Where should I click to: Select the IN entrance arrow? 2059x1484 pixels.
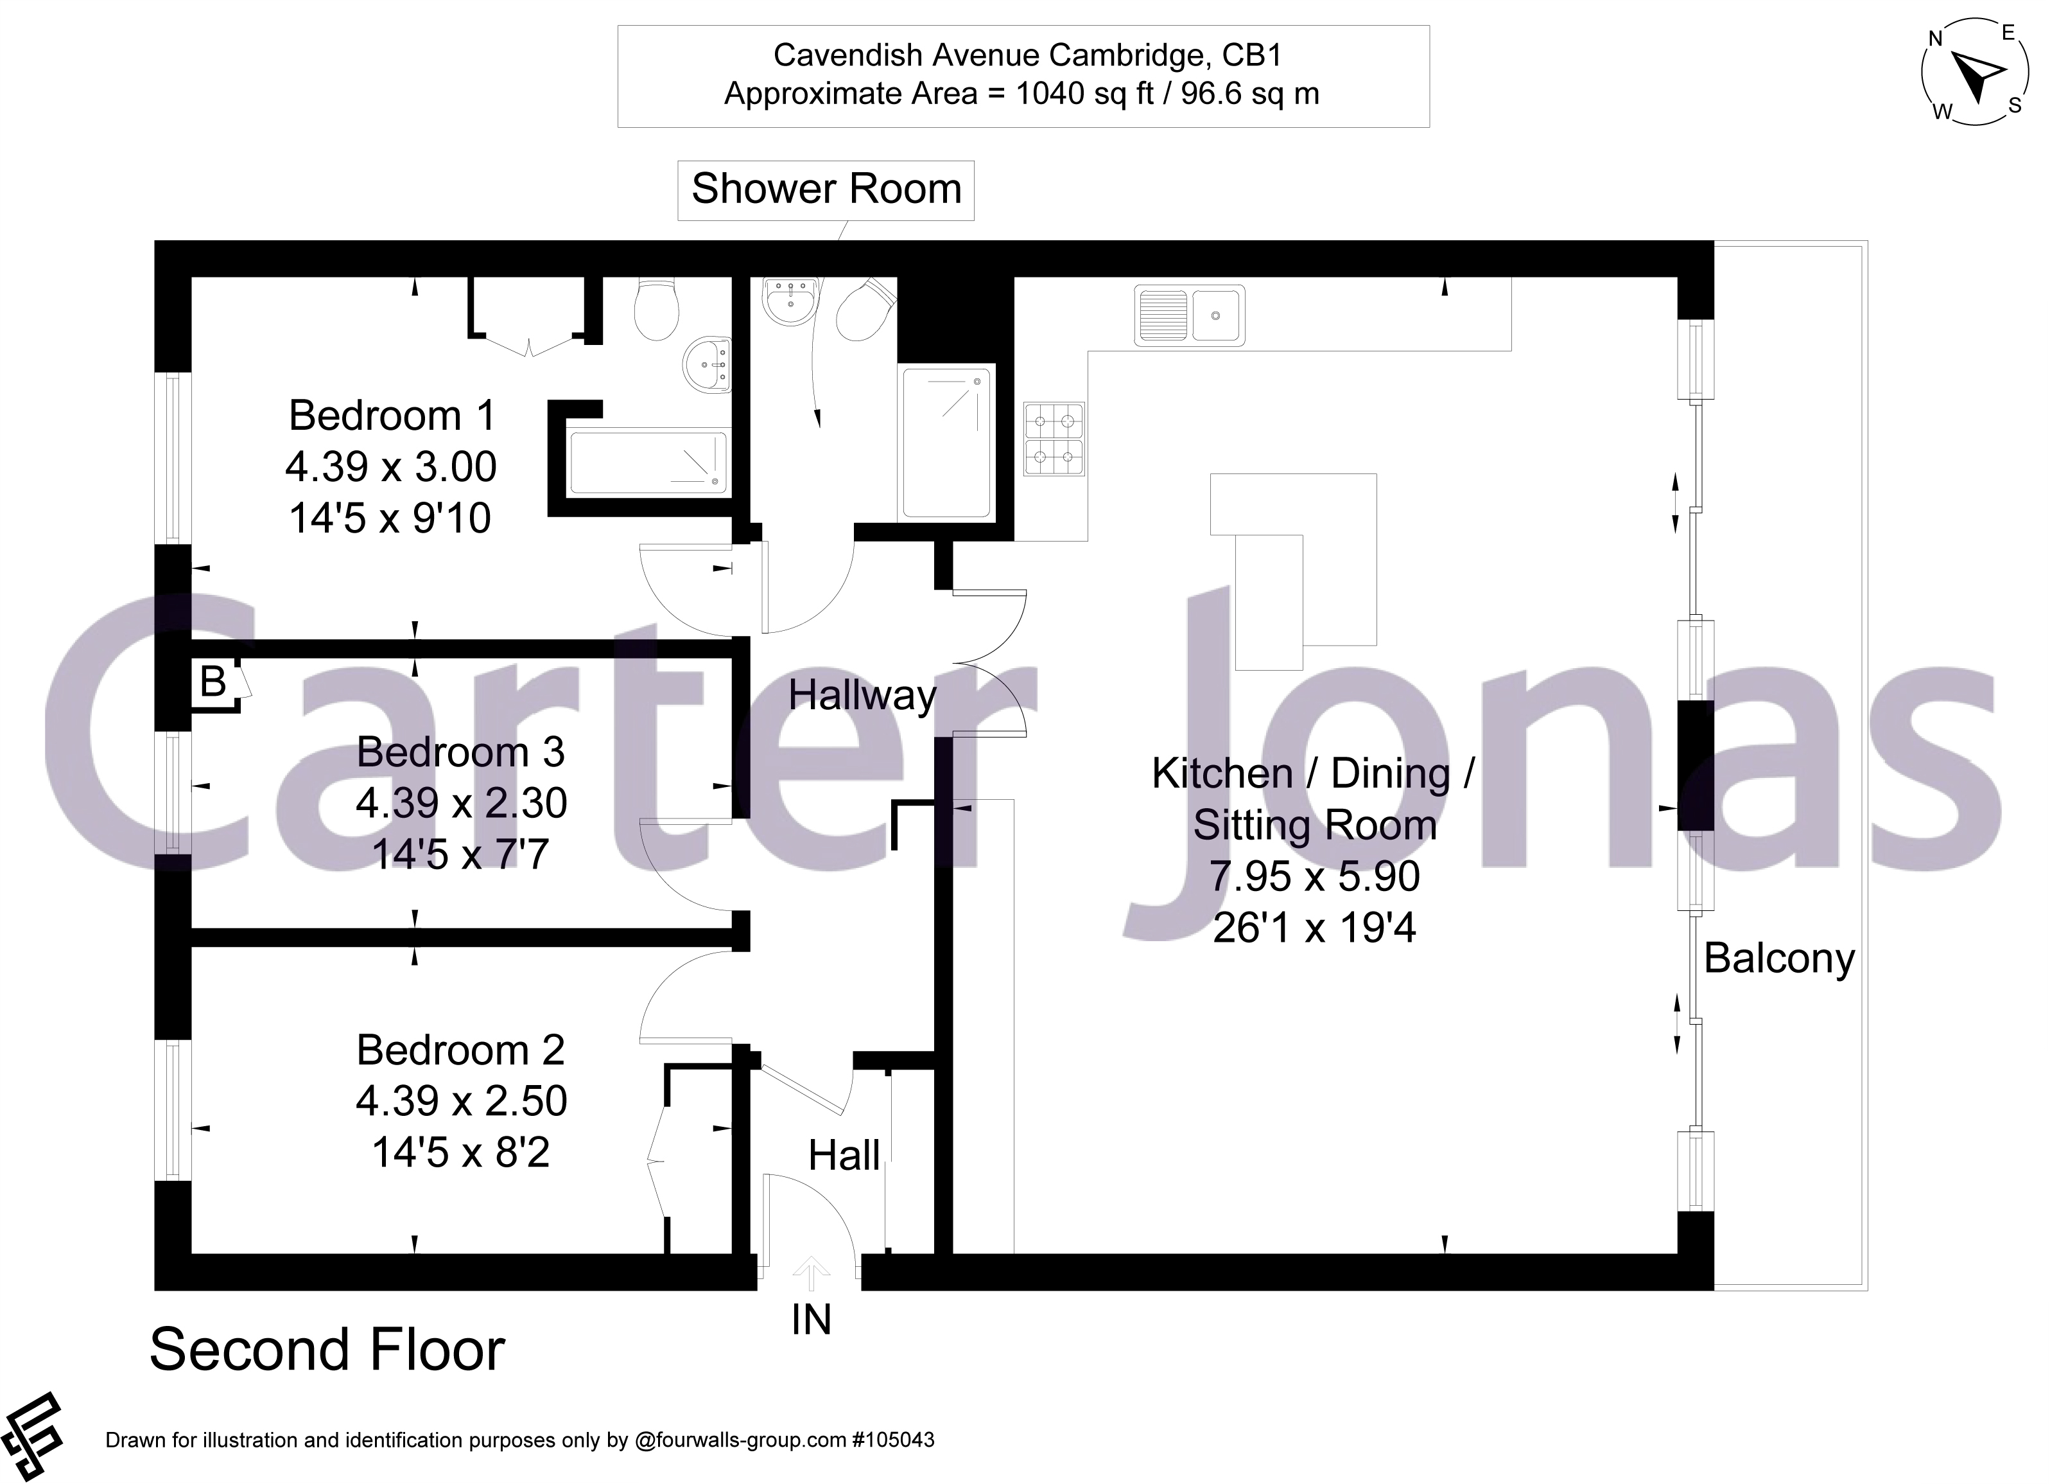coord(811,1274)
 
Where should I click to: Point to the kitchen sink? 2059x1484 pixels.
coord(1188,315)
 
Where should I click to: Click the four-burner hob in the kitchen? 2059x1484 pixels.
coord(1054,439)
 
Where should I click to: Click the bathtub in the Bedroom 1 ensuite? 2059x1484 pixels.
coord(647,463)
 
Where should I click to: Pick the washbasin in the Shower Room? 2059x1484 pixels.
coord(792,299)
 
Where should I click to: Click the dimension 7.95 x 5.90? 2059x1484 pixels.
coord(1314,876)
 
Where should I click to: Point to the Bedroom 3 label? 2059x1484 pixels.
coord(460,752)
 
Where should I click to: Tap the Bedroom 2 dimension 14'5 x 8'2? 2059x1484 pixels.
coord(460,1153)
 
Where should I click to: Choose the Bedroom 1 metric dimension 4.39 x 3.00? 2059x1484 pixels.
coord(390,467)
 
